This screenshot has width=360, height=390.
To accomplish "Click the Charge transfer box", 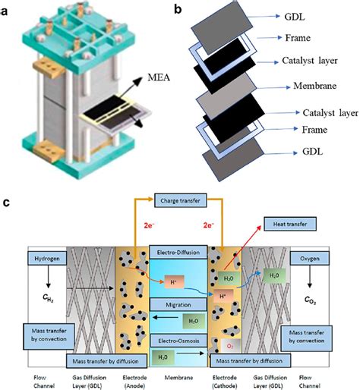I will tap(180, 203).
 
